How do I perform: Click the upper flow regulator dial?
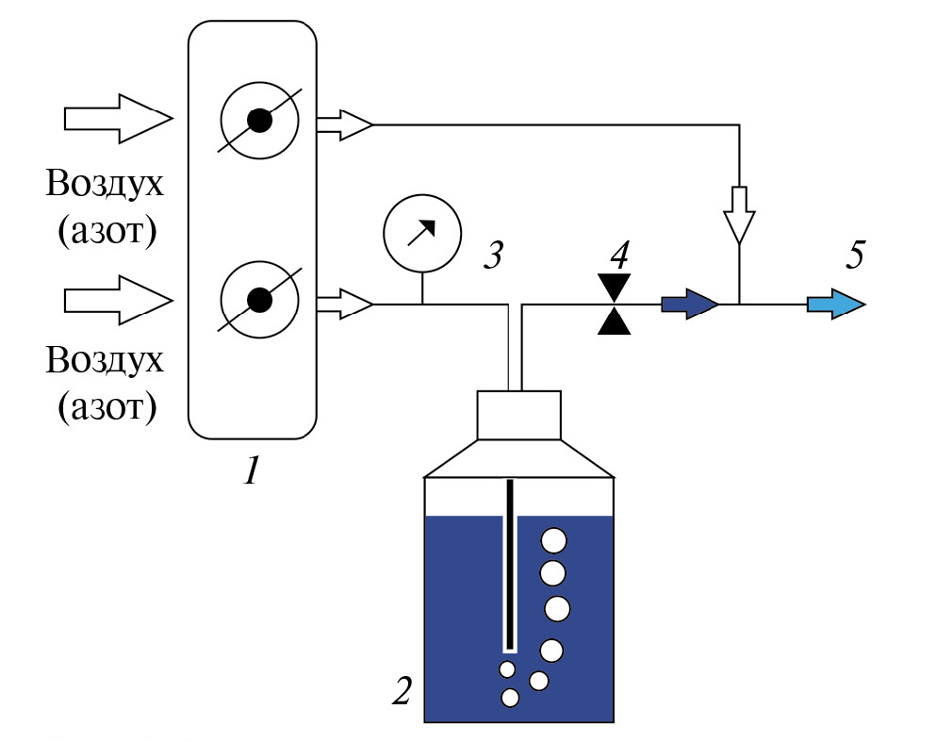[259, 121]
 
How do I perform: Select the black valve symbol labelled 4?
[616, 305]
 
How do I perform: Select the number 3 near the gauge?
[493, 256]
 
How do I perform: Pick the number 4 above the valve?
[618, 256]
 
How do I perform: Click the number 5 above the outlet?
[855, 256]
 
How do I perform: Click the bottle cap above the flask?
[520, 415]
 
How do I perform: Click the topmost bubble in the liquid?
[552, 540]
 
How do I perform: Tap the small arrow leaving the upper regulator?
[345, 124]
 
